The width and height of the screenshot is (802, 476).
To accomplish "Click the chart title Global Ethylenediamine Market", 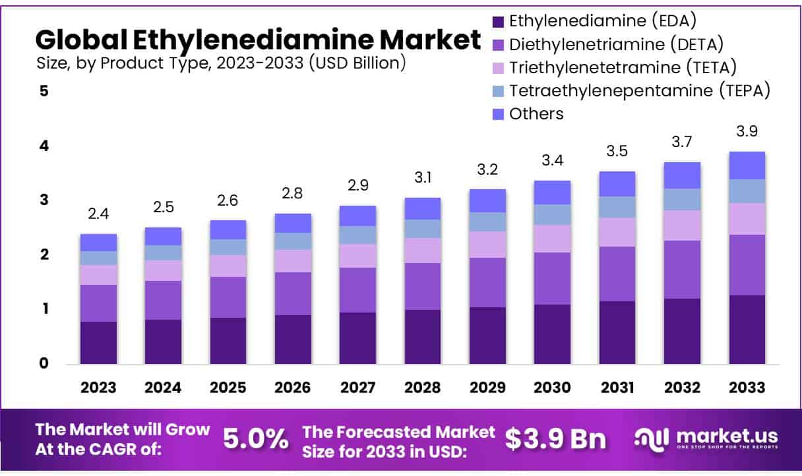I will (258, 40).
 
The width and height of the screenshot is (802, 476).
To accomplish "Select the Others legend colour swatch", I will (499, 114).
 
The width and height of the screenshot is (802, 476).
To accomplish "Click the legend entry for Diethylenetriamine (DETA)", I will (617, 44).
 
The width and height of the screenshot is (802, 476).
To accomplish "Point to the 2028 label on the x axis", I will (422, 387).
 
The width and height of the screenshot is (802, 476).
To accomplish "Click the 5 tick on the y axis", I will (44, 91).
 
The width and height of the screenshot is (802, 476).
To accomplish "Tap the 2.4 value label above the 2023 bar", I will (98, 214).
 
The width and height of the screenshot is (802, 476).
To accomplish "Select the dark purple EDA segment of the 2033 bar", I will (747, 329).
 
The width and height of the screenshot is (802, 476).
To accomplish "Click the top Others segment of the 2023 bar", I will (98, 242).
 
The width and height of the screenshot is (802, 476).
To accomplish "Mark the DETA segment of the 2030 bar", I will (552, 278).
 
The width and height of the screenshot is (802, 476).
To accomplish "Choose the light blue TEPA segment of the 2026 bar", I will (293, 241).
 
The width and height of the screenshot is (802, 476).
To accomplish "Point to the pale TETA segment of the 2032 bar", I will (682, 225).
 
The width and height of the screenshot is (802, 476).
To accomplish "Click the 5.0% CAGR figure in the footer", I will (255, 438).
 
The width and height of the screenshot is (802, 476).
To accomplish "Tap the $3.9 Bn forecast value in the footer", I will (555, 438).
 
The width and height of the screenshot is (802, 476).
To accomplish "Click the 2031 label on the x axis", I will (617, 387).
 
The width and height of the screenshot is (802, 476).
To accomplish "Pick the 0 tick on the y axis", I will (44, 363).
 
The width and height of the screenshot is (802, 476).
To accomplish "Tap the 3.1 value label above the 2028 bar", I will (422, 178).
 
